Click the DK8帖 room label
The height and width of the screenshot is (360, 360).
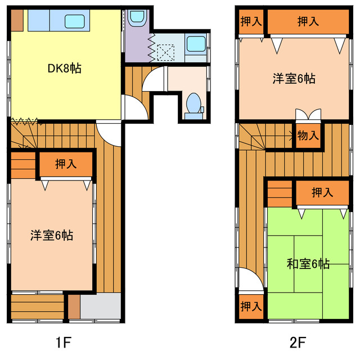[x=64, y=69]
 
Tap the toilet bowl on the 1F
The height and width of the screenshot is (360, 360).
[x=193, y=103]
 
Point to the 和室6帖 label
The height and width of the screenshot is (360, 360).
[x=308, y=263]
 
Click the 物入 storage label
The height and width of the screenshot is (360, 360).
[x=308, y=135]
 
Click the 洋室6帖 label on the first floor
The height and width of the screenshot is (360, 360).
[x=52, y=235]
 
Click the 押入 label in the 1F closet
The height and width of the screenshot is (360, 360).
[x=66, y=164]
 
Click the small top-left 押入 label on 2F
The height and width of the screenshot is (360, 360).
[x=251, y=22]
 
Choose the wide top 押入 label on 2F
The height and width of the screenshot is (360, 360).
[x=308, y=22]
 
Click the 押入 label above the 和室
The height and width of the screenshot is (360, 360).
[x=322, y=193]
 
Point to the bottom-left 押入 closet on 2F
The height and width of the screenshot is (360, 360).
[x=251, y=307]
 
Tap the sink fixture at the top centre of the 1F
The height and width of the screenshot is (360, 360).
[x=136, y=21]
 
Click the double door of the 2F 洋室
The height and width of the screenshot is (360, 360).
[x=308, y=115]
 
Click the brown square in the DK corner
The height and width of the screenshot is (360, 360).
[x=16, y=20]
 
